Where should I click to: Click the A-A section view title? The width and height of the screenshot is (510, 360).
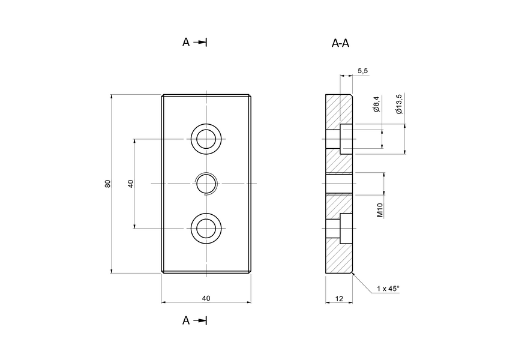pyautogui.click(x=340, y=43)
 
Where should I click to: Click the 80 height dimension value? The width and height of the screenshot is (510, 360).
pyautogui.click(x=108, y=184)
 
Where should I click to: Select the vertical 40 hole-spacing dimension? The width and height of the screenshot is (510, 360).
pyautogui.click(x=130, y=184)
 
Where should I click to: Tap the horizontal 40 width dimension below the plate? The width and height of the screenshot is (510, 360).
pyautogui.click(x=206, y=298)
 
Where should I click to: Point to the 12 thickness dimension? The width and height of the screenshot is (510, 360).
pyautogui.click(x=340, y=298)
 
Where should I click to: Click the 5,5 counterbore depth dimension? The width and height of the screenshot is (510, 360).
pyautogui.click(x=362, y=71)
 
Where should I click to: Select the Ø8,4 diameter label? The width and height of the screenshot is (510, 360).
pyautogui.click(x=376, y=104)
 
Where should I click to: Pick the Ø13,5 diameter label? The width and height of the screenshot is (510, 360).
pyautogui.click(x=399, y=103)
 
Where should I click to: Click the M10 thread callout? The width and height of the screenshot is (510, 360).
pyautogui.click(x=380, y=210)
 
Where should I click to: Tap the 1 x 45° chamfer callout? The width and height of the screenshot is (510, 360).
pyautogui.click(x=388, y=289)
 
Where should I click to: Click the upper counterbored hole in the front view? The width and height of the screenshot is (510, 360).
pyautogui.click(x=206, y=139)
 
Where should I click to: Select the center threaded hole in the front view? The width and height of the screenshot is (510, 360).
pyautogui.click(x=206, y=184)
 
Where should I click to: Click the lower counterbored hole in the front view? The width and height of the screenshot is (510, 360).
pyautogui.click(x=206, y=228)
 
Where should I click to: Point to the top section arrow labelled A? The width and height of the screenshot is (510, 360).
pyautogui.click(x=194, y=42)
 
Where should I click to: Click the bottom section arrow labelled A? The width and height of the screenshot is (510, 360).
pyautogui.click(x=194, y=320)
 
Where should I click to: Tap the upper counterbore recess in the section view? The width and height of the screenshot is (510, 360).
pyautogui.click(x=346, y=139)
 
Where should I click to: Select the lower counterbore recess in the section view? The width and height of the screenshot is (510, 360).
pyautogui.click(x=346, y=228)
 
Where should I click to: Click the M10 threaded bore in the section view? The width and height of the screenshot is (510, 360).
pyautogui.click(x=340, y=184)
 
